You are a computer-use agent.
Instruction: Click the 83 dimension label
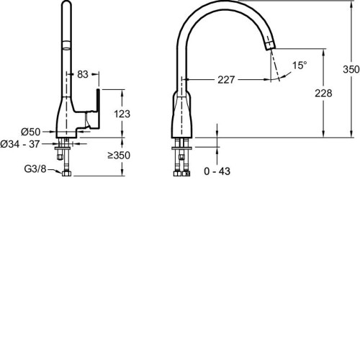tap(83, 74)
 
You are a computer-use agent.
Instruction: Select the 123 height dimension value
tap(122, 114)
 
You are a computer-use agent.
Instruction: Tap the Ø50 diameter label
tap(31, 132)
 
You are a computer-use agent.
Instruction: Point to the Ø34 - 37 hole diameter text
tap(20, 144)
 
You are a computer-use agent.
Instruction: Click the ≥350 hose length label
tap(119, 156)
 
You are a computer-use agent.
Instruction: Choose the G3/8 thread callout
tap(35, 168)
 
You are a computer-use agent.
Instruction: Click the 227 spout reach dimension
tap(226, 80)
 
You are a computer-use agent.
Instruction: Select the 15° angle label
tap(300, 66)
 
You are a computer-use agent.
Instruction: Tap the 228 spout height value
tap(323, 93)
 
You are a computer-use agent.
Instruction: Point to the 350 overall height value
tap(351, 69)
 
